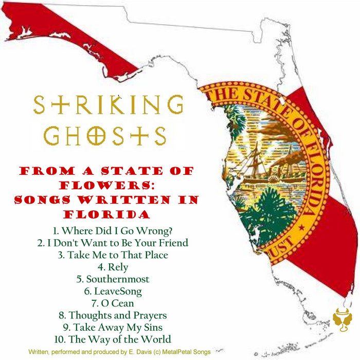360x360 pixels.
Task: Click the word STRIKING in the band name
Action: click(108, 106)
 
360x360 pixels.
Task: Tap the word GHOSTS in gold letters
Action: click(105, 136)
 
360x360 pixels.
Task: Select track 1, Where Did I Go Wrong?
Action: click(112, 230)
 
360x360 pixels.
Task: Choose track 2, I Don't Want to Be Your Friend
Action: click(112, 243)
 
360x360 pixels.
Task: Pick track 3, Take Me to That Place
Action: click(112, 255)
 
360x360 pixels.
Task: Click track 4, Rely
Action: click(112, 267)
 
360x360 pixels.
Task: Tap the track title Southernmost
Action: click(112, 279)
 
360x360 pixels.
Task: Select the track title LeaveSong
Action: click(112, 291)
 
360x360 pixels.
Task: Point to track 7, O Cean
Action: click(112, 303)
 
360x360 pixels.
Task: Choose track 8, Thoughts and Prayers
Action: click(112, 315)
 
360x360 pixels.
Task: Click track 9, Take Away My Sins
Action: click(112, 327)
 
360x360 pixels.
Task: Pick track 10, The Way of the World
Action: click(112, 339)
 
